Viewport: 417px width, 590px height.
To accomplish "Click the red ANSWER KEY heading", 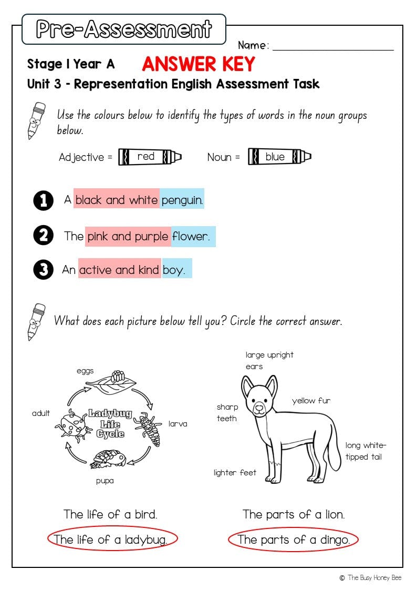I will point(198,64).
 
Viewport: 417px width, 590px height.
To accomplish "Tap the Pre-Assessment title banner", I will point(124,29).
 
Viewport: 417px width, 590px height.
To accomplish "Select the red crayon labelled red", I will point(150,157).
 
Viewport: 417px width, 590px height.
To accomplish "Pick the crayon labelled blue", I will point(279,157).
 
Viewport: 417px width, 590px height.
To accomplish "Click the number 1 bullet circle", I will point(44,200).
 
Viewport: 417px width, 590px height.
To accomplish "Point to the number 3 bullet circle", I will point(44,270).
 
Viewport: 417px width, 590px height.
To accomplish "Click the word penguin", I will point(182,200).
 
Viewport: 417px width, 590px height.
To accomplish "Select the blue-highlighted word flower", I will point(191,236).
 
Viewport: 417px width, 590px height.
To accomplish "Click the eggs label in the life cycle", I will point(85,371).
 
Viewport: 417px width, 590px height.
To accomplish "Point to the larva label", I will point(178,423).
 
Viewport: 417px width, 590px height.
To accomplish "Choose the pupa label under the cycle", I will point(105,481).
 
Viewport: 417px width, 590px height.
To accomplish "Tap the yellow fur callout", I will point(311,401).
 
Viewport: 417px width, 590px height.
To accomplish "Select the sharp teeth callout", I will point(227,413).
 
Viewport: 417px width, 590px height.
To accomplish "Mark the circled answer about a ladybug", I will point(112,539).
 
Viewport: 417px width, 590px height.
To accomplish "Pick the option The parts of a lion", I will point(294,514).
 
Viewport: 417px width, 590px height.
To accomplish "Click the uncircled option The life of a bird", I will point(110,514).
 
